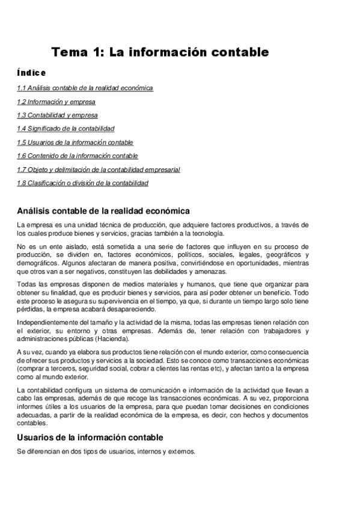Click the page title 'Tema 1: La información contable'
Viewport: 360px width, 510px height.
click(160, 52)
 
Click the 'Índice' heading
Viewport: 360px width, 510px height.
click(31, 73)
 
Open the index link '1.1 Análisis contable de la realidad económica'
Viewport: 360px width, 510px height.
click(85, 88)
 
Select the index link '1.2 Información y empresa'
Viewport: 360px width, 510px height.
click(56, 102)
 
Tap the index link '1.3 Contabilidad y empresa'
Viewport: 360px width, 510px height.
click(57, 115)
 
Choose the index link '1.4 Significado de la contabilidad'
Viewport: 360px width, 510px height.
click(66, 128)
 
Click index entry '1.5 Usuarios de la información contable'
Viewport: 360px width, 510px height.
click(75, 143)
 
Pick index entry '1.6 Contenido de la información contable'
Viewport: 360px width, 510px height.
click(78, 156)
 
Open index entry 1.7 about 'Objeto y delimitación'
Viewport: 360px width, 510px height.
click(98, 170)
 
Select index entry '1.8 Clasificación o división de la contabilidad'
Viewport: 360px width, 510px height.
click(82, 183)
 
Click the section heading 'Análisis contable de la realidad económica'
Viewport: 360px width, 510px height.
click(103, 211)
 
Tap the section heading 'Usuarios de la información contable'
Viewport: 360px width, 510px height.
click(90, 437)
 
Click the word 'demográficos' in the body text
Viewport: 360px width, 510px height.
click(37, 263)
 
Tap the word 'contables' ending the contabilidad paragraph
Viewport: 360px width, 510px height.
click(32, 423)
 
